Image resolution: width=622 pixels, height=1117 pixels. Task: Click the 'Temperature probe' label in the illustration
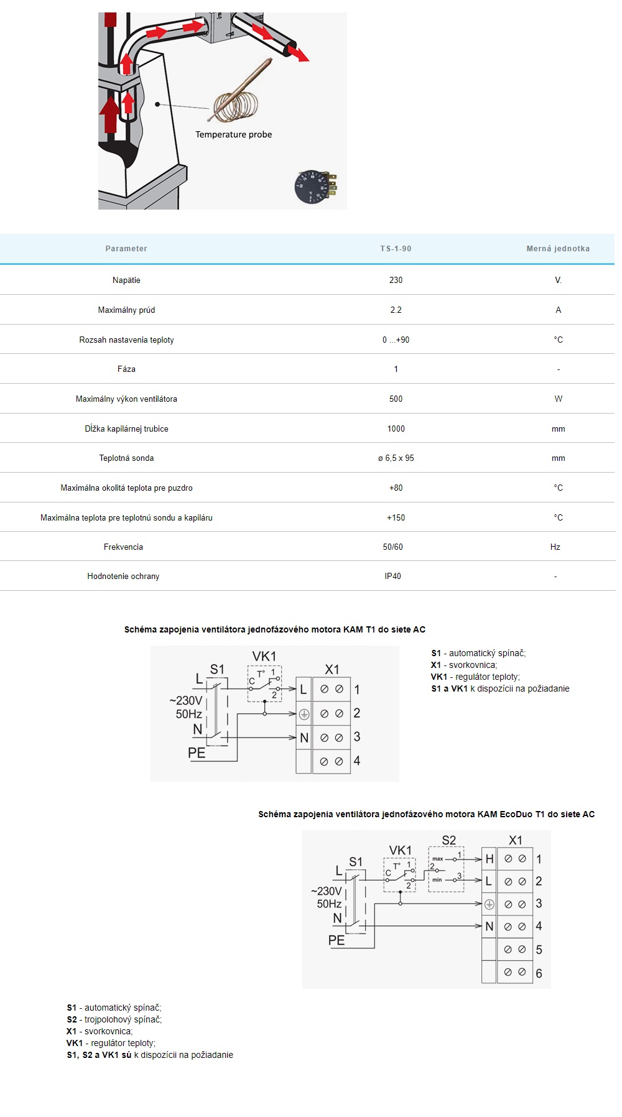pyautogui.click(x=233, y=134)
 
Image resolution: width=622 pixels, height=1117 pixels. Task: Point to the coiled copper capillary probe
pyautogui.click(x=236, y=103)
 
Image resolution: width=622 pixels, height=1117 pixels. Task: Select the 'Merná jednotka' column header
pyautogui.click(x=558, y=249)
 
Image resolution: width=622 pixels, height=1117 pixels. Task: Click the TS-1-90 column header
pyautogui.click(x=396, y=249)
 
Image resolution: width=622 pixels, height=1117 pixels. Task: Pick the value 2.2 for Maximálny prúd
pyautogui.click(x=396, y=310)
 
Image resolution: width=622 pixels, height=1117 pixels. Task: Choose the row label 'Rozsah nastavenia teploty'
pyautogui.click(x=126, y=340)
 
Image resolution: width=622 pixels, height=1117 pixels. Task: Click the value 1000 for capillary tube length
pyautogui.click(x=396, y=429)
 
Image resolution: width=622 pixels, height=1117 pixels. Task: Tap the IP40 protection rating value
pyautogui.click(x=392, y=576)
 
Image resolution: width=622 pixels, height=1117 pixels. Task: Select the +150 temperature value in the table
pyautogui.click(x=396, y=517)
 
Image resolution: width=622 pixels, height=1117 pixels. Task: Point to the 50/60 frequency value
pyautogui.click(x=392, y=547)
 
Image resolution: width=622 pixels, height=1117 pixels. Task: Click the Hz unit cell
pyautogui.click(x=555, y=547)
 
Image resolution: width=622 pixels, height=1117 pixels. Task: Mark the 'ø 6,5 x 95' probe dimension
pyautogui.click(x=396, y=458)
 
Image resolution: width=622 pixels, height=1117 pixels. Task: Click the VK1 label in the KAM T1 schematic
pyautogui.click(x=264, y=656)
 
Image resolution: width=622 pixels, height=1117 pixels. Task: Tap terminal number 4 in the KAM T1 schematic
pyautogui.click(x=357, y=761)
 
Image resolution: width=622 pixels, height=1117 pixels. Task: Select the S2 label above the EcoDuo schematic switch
pyautogui.click(x=448, y=840)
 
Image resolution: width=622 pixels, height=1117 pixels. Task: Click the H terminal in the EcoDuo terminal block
pyautogui.click(x=490, y=859)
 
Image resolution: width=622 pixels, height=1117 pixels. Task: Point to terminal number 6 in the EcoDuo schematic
pyautogui.click(x=539, y=973)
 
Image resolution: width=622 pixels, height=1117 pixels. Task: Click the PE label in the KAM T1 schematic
pyautogui.click(x=197, y=753)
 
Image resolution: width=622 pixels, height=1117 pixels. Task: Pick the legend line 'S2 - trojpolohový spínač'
pyautogui.click(x=114, y=1019)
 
